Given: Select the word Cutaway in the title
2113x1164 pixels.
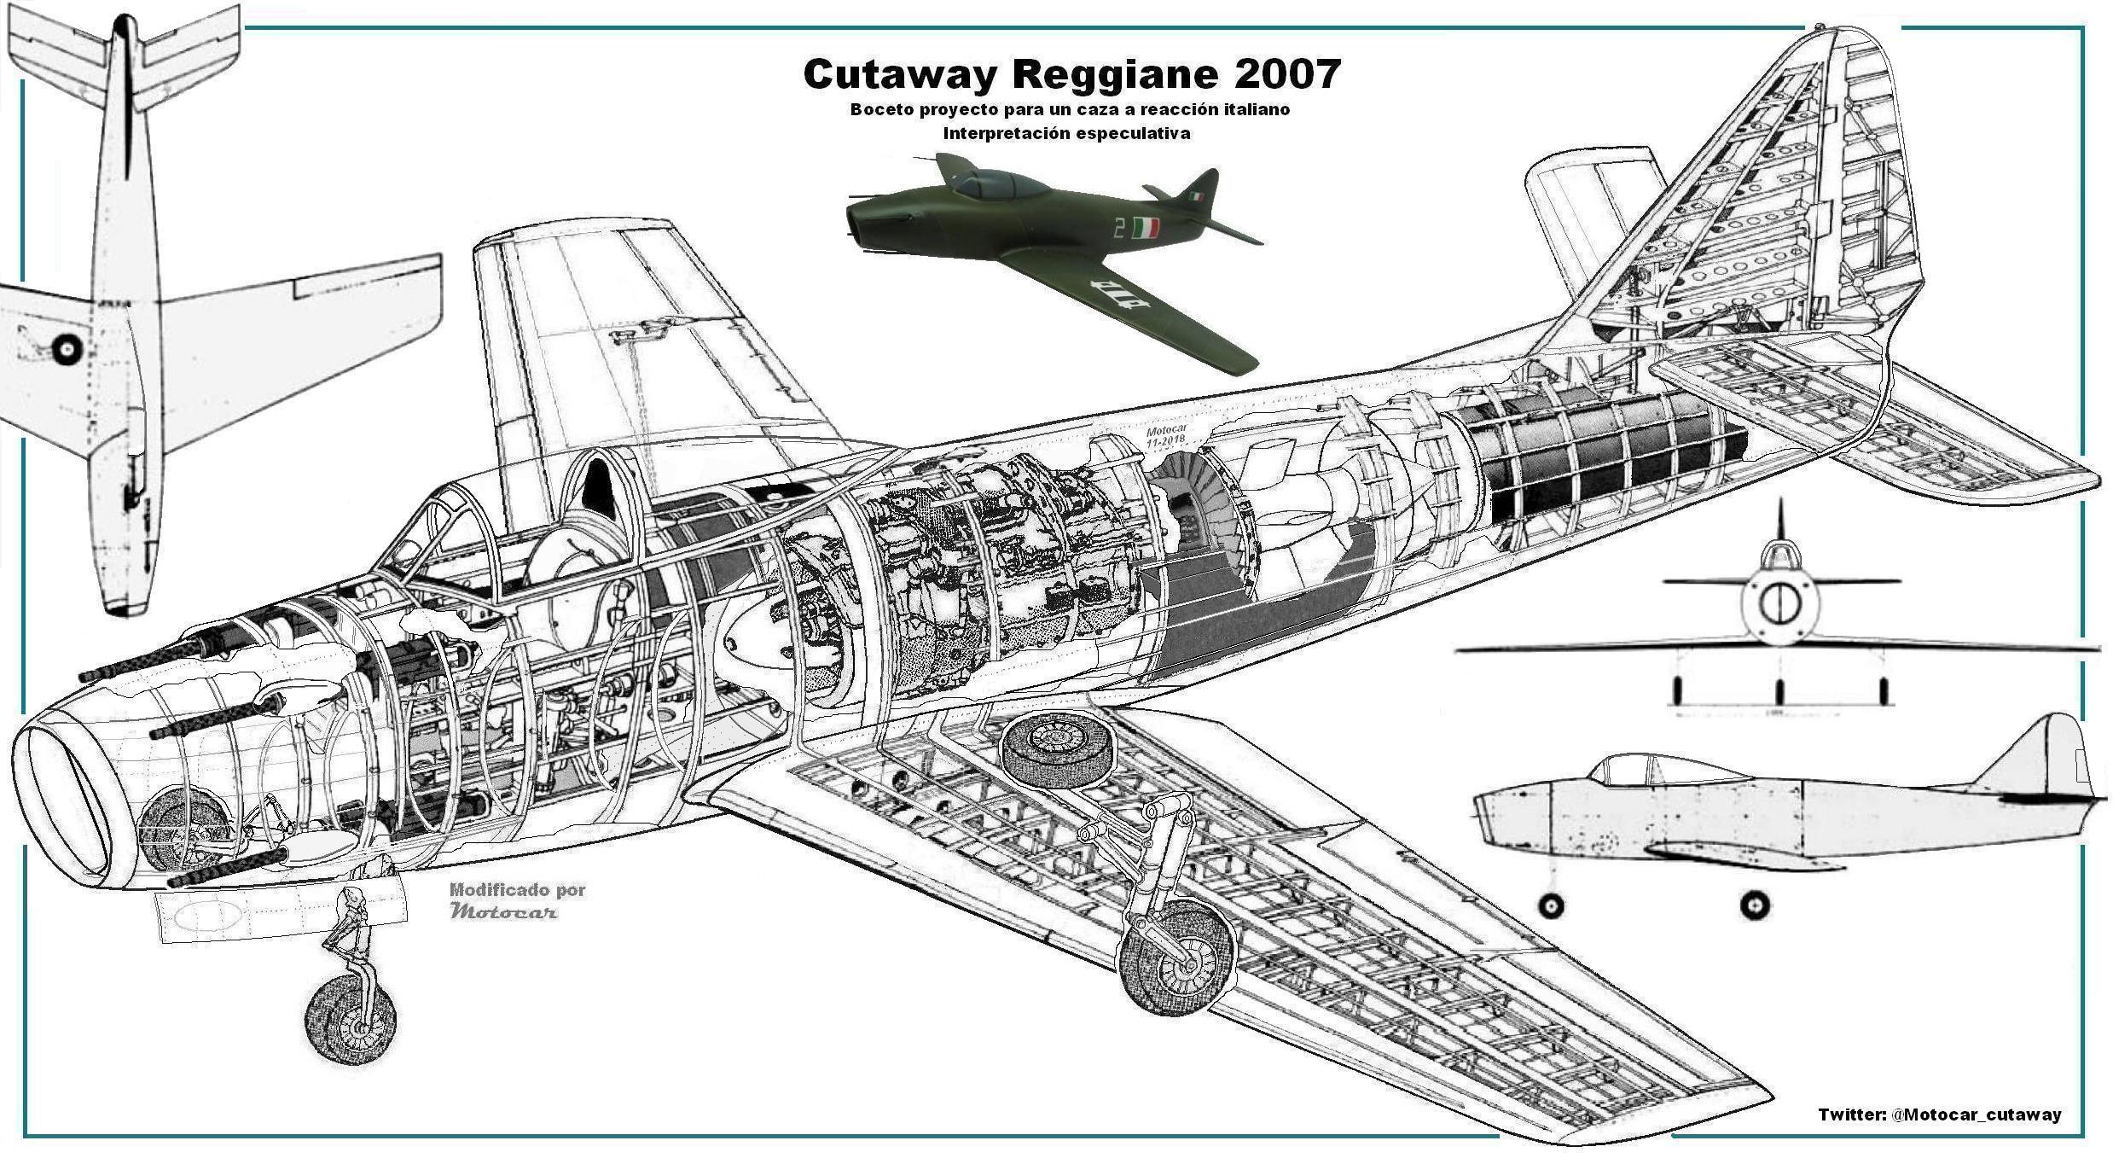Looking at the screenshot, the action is tap(900, 74).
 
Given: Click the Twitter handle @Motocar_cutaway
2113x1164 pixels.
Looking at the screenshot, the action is tap(1976, 1115).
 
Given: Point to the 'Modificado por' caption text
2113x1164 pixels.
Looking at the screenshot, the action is tap(517, 890).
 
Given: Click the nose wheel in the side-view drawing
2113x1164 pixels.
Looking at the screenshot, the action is tap(1551, 906).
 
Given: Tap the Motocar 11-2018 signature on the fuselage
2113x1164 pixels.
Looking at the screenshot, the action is tap(1167, 437).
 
